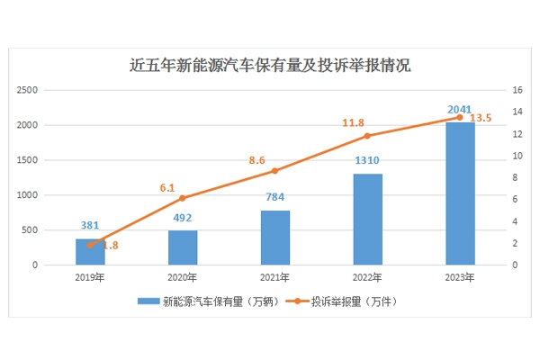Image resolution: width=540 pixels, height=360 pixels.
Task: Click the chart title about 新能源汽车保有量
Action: (270, 65)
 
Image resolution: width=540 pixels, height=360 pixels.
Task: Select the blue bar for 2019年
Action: (90, 252)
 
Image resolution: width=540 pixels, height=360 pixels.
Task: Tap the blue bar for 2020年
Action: (183, 247)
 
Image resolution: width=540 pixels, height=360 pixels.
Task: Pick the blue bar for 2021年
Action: (275, 238)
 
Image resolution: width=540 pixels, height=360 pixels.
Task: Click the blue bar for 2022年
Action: (368, 220)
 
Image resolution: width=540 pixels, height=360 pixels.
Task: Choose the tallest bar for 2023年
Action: (460, 193)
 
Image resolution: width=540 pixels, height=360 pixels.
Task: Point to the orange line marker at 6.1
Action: (183, 198)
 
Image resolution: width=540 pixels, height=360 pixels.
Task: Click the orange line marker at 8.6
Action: (275, 171)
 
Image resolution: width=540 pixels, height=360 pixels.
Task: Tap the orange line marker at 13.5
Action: (460, 117)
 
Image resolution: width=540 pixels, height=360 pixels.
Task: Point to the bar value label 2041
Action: (460, 110)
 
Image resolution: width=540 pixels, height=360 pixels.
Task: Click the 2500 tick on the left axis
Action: (50, 90)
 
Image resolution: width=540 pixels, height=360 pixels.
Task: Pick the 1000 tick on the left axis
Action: (50, 195)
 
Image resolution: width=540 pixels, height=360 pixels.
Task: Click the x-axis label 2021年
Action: (275, 278)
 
